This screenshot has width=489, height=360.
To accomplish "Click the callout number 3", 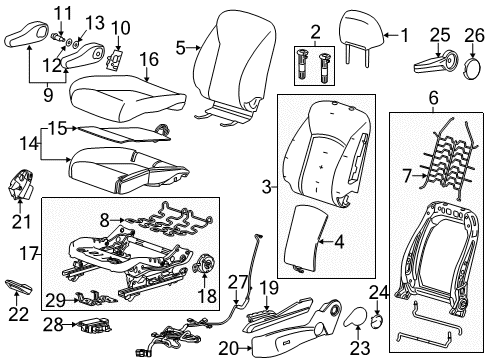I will click(266, 187).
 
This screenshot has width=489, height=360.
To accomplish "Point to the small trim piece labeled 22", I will click(20, 287).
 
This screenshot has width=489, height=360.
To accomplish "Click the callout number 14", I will click(26, 144).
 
